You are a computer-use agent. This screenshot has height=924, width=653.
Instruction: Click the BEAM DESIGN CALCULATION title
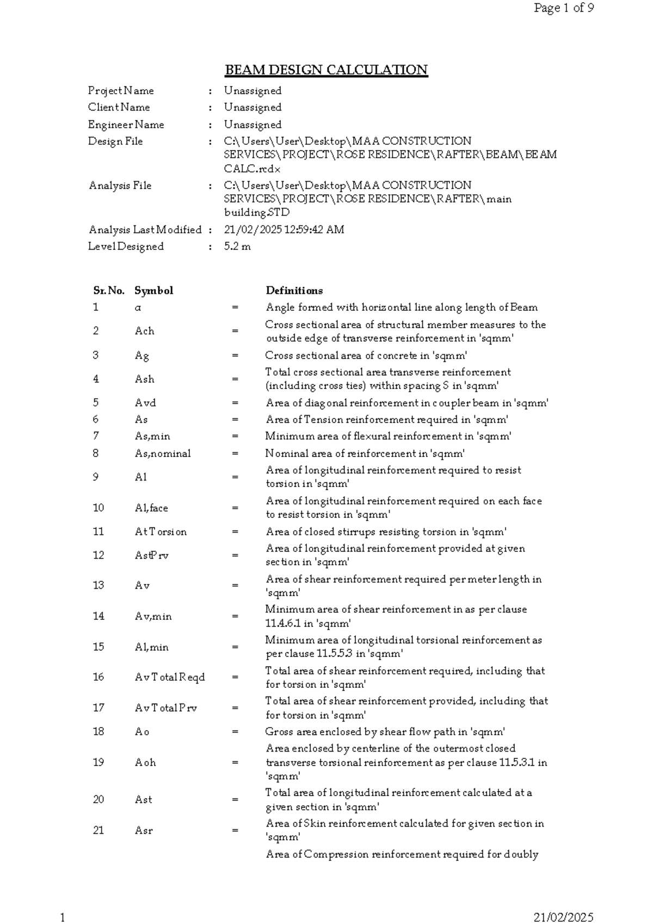click(x=326, y=70)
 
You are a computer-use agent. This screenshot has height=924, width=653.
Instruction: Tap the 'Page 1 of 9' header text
click(x=563, y=8)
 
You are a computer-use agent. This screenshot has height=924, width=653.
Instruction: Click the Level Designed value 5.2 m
click(x=237, y=247)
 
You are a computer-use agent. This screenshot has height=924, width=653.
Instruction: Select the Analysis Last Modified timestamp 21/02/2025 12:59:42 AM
click(x=284, y=230)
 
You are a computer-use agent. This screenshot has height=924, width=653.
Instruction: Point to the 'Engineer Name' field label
click(x=126, y=125)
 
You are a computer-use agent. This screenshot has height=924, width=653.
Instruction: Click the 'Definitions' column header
click(x=294, y=291)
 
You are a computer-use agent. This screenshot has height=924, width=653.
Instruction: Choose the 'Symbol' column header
click(x=153, y=291)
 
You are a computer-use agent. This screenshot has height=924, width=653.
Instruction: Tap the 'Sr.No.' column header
click(x=109, y=291)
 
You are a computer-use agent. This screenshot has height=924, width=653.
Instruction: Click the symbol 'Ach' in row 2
click(x=144, y=331)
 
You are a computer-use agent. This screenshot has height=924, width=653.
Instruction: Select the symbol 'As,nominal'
click(x=163, y=453)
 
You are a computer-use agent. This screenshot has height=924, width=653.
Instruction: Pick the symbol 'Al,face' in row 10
click(x=151, y=508)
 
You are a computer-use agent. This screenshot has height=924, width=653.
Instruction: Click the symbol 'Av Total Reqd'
click(x=170, y=677)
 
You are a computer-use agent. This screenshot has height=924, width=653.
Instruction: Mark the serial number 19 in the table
click(x=98, y=762)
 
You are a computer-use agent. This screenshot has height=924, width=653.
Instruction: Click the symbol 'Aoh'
click(x=145, y=762)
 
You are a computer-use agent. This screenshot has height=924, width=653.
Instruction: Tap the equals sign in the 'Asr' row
click(x=235, y=830)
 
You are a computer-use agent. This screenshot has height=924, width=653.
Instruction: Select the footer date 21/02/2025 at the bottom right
click(x=563, y=917)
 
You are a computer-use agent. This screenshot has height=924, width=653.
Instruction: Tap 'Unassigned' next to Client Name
click(x=252, y=108)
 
